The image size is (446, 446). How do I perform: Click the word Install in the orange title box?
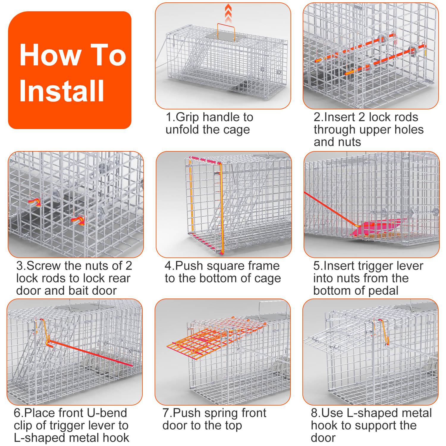click(x=62, y=91)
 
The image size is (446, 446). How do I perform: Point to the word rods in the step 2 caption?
click(x=406, y=117)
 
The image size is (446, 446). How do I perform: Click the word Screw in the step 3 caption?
click(x=44, y=266)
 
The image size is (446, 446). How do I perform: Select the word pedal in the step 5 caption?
click(x=383, y=291)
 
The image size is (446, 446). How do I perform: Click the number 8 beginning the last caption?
click(x=314, y=413)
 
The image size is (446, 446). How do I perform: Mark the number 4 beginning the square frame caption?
click(x=168, y=266)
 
